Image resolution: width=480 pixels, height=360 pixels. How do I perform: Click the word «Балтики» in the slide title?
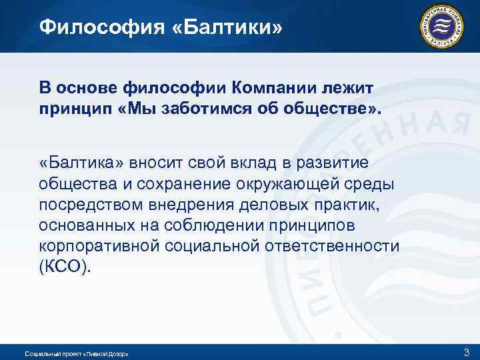click(228, 27)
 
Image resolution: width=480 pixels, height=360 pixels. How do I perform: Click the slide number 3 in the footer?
click(465, 351)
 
